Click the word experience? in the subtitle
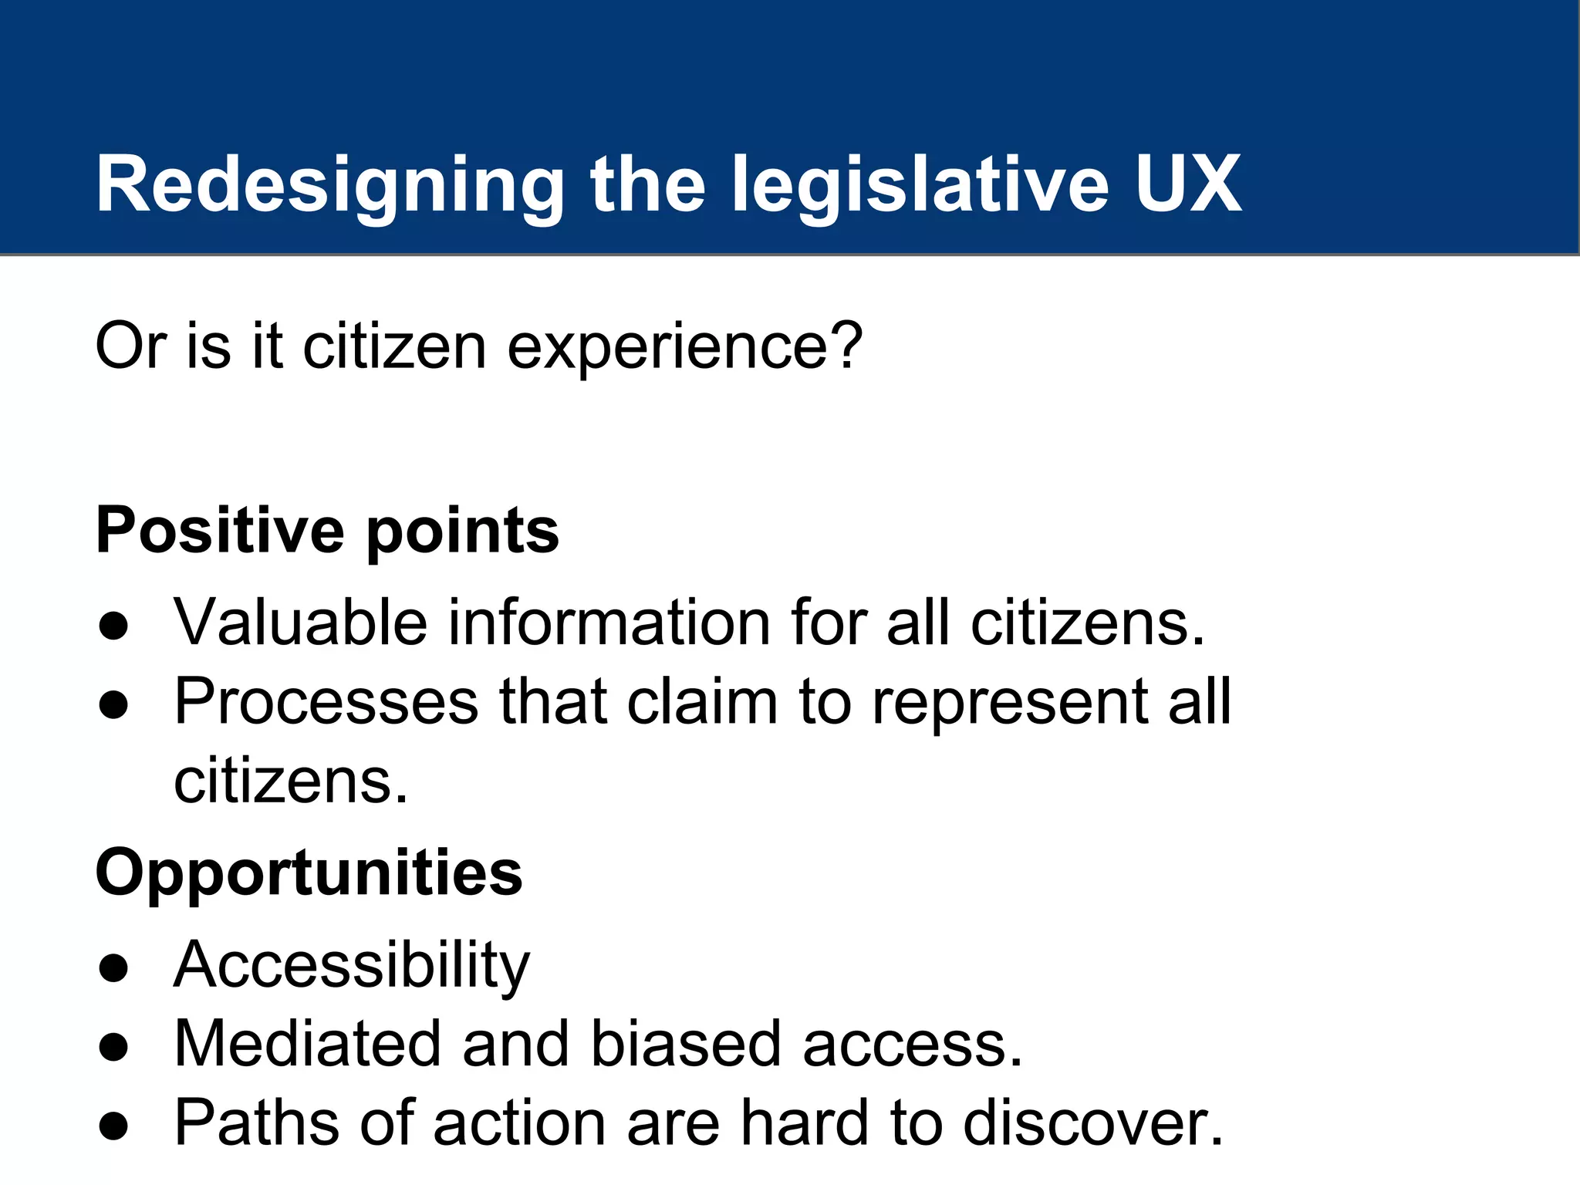684,347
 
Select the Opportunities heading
309,873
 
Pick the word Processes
326,701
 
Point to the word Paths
257,1123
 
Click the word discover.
1092,1123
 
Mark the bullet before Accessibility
113,967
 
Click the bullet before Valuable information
113,626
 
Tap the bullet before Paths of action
113,1126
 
